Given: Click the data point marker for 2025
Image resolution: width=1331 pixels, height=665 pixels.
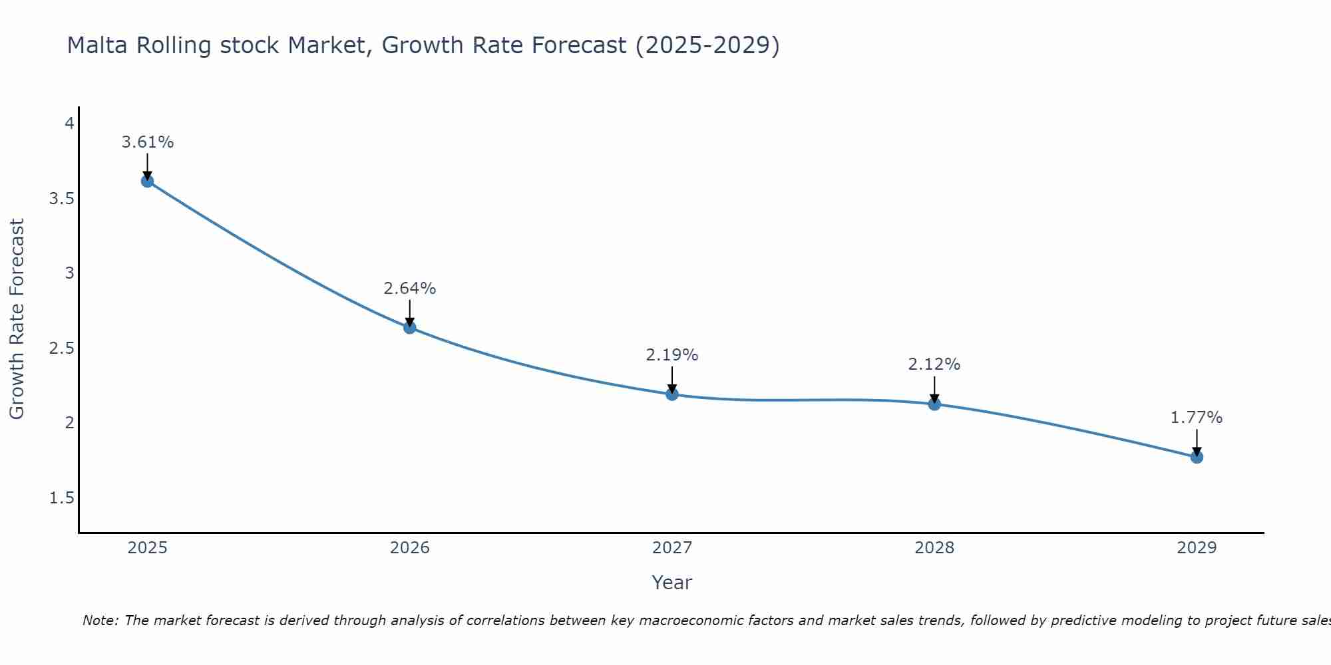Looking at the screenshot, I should [x=147, y=181].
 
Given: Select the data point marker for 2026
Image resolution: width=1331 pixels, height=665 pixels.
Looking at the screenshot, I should [x=409, y=327].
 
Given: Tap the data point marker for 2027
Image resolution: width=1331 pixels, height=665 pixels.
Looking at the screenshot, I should [x=671, y=394].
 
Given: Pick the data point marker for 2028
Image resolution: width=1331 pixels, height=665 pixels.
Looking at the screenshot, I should [x=934, y=404].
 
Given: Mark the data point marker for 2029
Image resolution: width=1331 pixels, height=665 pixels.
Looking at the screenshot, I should [x=1196, y=457].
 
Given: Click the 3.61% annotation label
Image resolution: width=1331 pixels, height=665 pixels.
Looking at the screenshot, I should [x=147, y=142].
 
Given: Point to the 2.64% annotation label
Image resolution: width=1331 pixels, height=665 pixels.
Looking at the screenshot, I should [x=409, y=289].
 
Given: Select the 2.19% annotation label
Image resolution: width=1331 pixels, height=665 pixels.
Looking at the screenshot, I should [x=671, y=355].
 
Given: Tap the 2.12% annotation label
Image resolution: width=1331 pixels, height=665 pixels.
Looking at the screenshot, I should [x=934, y=364].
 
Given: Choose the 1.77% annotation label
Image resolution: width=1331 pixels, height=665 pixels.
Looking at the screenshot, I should [x=1196, y=418].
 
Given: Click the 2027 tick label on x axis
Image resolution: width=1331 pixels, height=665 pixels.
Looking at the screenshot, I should [x=671, y=548].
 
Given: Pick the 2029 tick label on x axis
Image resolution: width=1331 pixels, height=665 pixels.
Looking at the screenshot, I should [x=1196, y=548].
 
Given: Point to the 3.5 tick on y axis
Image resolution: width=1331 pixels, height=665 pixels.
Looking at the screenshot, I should [x=61, y=199].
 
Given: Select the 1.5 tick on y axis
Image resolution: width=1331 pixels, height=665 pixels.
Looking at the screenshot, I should [x=61, y=498].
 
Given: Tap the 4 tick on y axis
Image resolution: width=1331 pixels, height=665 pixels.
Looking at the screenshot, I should [x=69, y=124].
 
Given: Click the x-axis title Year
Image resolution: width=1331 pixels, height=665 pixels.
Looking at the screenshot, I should [x=671, y=583].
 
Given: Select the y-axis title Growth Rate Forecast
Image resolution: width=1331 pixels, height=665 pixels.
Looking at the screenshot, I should [x=17, y=319].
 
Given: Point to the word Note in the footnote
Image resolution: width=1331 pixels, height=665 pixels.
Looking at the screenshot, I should [x=100, y=620].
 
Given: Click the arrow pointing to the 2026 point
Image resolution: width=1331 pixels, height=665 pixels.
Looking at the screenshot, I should [x=409, y=313].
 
